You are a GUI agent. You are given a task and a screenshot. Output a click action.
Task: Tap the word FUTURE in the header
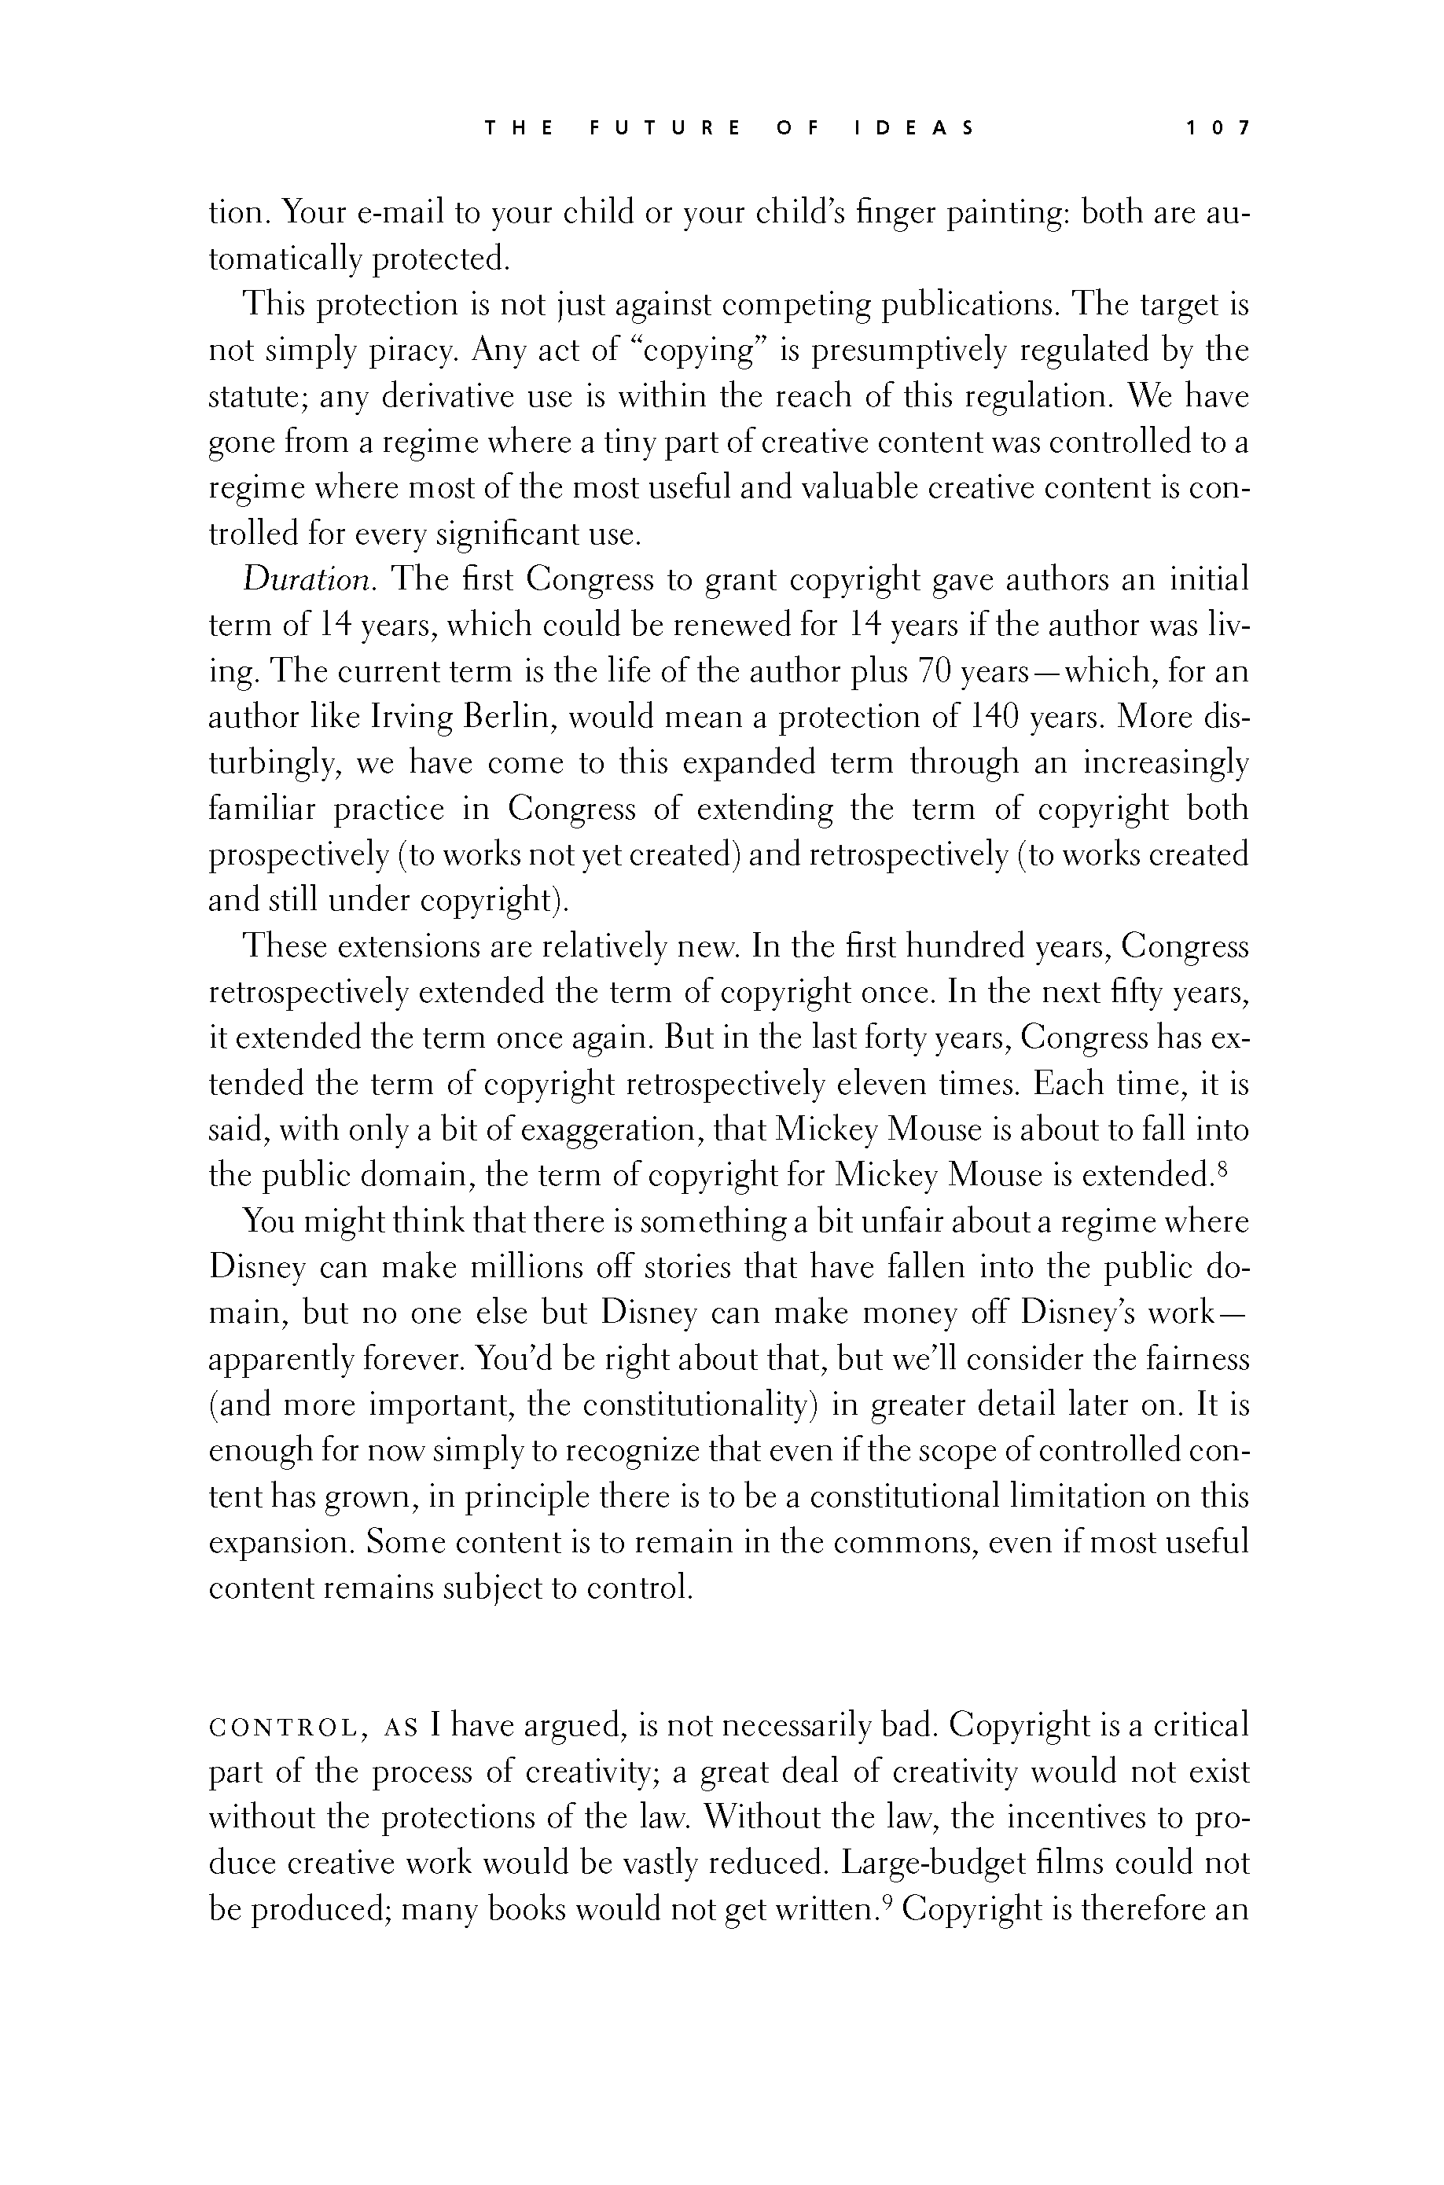pos(664,128)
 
